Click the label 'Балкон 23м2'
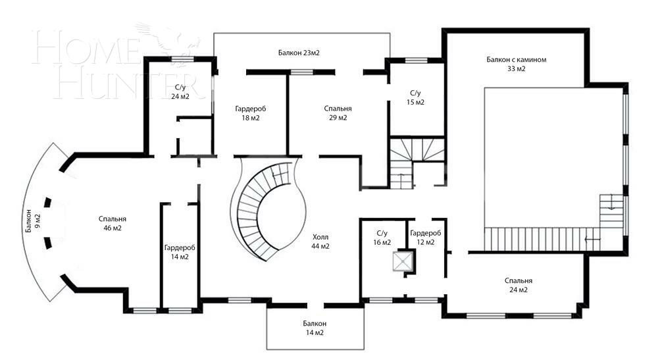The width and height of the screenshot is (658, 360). (303, 52)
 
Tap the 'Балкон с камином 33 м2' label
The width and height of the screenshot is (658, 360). (516, 64)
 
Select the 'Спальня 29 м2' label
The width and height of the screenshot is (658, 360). (338, 113)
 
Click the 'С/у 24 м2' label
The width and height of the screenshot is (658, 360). (180, 92)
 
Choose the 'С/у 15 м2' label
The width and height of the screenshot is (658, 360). (415, 97)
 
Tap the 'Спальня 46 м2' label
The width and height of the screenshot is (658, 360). (113, 224)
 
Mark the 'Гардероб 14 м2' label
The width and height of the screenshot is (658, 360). (180, 252)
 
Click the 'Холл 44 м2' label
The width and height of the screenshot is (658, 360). (320, 242)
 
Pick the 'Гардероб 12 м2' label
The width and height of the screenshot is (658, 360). (425, 238)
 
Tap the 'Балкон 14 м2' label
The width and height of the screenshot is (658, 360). (315, 328)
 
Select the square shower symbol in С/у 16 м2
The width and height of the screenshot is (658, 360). (401, 262)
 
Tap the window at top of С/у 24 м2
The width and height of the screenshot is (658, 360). (182, 60)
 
